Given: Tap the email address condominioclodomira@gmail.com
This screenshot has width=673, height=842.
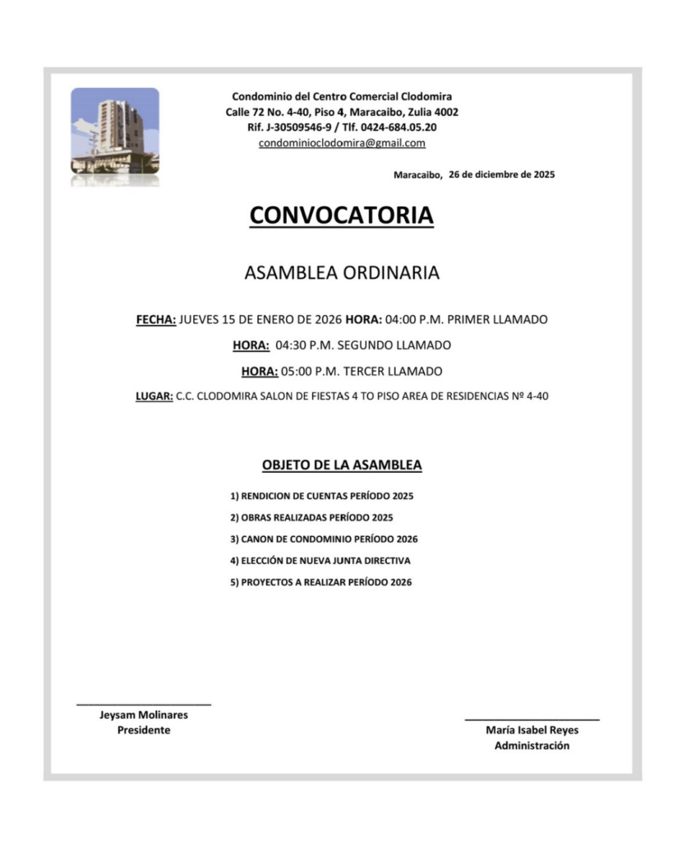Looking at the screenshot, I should (342, 143).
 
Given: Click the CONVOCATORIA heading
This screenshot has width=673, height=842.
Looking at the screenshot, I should (341, 215).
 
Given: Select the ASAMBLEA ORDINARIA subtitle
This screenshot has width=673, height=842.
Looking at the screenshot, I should (341, 274).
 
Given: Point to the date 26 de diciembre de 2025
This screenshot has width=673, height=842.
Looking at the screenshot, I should (502, 174).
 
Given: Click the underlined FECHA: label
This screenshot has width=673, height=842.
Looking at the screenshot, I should (156, 319).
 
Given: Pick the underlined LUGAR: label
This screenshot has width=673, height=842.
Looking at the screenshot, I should (154, 396).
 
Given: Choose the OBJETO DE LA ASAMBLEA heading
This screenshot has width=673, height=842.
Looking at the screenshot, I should (342, 465).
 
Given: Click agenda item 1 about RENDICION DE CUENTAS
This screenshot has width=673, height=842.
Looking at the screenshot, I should (321, 497).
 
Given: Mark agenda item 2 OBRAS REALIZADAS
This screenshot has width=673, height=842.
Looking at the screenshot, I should (311, 518).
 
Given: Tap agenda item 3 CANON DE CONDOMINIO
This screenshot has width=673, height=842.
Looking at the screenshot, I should (324, 539).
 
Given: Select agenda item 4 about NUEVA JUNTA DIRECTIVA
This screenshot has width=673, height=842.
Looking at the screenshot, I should (320, 561).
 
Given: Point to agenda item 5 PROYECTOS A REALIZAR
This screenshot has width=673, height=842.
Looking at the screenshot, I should (320, 582).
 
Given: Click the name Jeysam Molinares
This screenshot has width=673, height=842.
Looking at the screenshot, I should (144, 715).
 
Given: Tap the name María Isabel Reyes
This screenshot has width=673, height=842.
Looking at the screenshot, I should (532, 730).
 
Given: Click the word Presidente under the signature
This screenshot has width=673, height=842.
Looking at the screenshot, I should (144, 730).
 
